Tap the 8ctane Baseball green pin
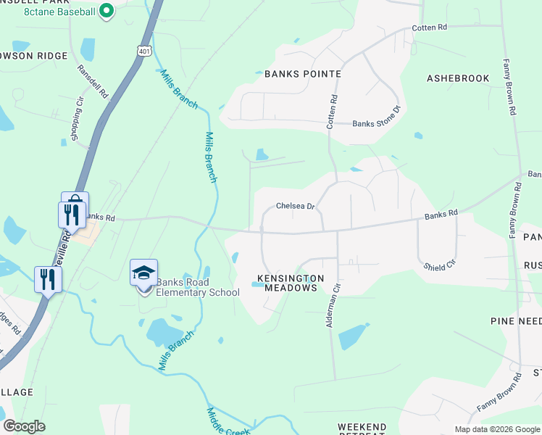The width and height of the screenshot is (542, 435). click(106, 10)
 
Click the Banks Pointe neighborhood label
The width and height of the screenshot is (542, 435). click(302, 74)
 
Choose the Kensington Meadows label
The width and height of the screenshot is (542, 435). click(288, 283)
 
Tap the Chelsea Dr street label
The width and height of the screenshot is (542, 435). click(296, 207)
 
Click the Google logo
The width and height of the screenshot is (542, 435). click(24, 426)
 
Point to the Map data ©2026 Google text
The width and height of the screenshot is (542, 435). click(496, 429)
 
